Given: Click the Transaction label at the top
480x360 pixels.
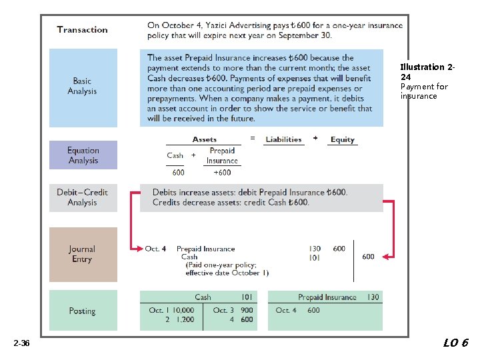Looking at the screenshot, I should [x=82, y=29].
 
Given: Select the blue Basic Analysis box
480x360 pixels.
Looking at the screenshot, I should [x=83, y=87].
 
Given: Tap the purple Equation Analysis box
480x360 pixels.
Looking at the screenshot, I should [x=83, y=155].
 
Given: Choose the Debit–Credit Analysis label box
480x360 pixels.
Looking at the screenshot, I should [x=83, y=197].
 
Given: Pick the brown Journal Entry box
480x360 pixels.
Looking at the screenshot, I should [x=83, y=254].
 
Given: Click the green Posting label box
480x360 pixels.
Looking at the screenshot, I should [x=83, y=311].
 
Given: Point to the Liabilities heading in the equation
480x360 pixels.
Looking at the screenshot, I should [x=283, y=139].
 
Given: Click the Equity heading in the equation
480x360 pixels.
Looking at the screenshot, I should [x=343, y=139].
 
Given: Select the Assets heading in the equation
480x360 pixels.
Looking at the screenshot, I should [x=205, y=139].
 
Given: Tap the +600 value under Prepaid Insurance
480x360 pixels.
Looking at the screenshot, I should [x=222, y=172].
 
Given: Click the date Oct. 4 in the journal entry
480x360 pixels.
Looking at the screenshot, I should [x=155, y=249].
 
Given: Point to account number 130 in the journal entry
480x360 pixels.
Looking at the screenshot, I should [x=315, y=249].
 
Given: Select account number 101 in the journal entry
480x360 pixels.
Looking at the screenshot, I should [x=315, y=257].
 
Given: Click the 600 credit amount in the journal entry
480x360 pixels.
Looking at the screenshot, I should [x=368, y=257].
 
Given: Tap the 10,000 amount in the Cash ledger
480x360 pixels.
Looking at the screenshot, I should [x=181, y=310].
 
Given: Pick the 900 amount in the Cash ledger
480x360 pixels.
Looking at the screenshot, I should [x=247, y=310].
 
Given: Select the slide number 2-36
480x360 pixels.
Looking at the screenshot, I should [x=21, y=343].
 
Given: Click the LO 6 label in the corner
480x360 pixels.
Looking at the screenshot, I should [x=456, y=343].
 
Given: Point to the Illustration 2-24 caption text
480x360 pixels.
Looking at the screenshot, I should [x=427, y=72].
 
